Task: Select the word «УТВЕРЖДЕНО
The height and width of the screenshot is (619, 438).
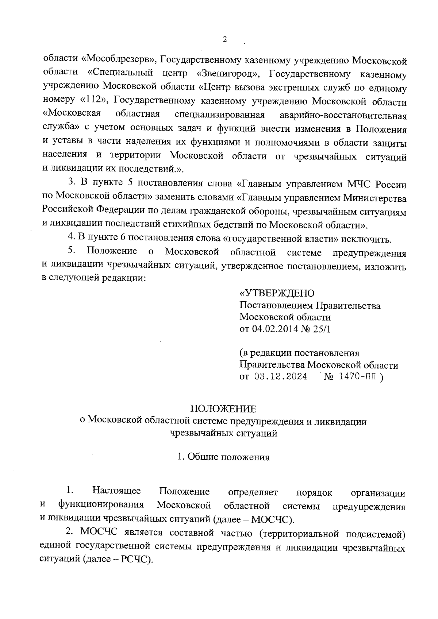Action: coord(277,293)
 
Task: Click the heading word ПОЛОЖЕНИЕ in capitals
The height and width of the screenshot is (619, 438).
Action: coord(223,409)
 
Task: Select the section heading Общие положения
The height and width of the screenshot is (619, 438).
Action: coord(228,457)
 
